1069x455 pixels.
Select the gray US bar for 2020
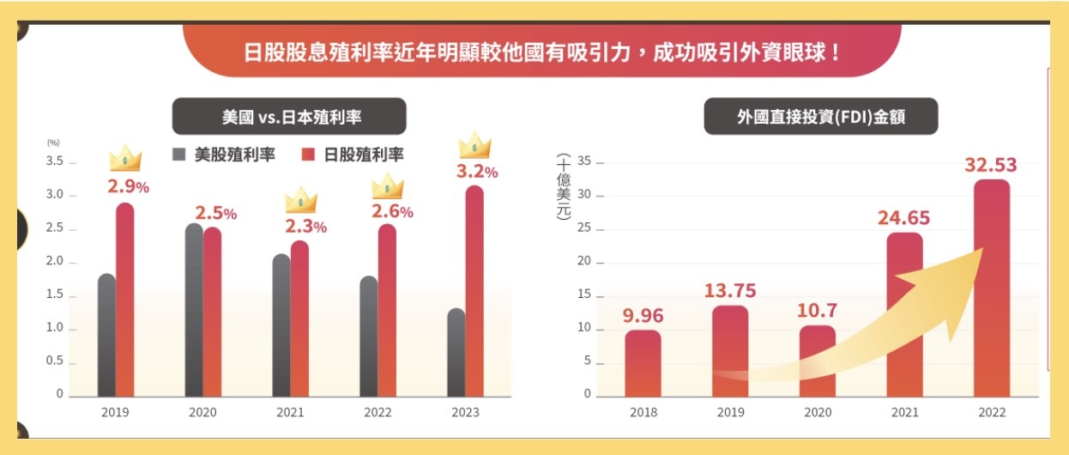194,310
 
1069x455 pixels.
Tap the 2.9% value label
128,186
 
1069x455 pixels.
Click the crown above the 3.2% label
474,145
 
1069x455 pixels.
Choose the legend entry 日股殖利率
353,155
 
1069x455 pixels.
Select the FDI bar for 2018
643,362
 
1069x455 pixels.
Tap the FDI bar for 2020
818,361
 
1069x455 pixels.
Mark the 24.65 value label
903,218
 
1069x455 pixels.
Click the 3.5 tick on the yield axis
54,161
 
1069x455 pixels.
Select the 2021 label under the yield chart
290,413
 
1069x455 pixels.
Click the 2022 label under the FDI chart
992,413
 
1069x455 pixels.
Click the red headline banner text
542,51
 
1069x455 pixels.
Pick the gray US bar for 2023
456,352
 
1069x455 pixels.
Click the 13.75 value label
730,291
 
